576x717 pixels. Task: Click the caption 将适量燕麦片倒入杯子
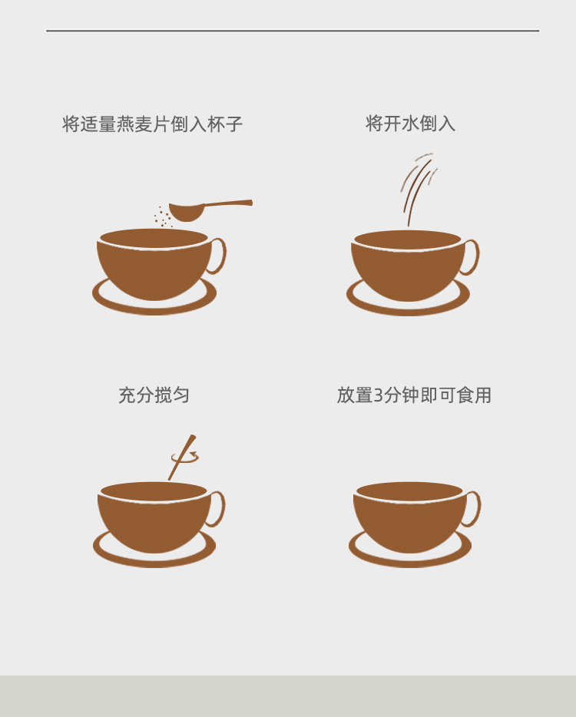(152, 124)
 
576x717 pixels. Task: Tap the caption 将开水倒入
(410, 124)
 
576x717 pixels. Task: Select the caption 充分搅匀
(154, 395)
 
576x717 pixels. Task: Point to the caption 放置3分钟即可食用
(414, 395)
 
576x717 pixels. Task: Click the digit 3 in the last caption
(379, 395)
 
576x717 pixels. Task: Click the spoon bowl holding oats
(186, 211)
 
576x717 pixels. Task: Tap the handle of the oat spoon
(228, 203)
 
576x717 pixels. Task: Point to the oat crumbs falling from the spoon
(163, 216)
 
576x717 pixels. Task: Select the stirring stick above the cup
(182, 458)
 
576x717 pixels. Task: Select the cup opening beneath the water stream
(408, 240)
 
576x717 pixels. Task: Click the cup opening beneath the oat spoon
(154, 238)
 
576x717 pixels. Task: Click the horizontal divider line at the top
(293, 31)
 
